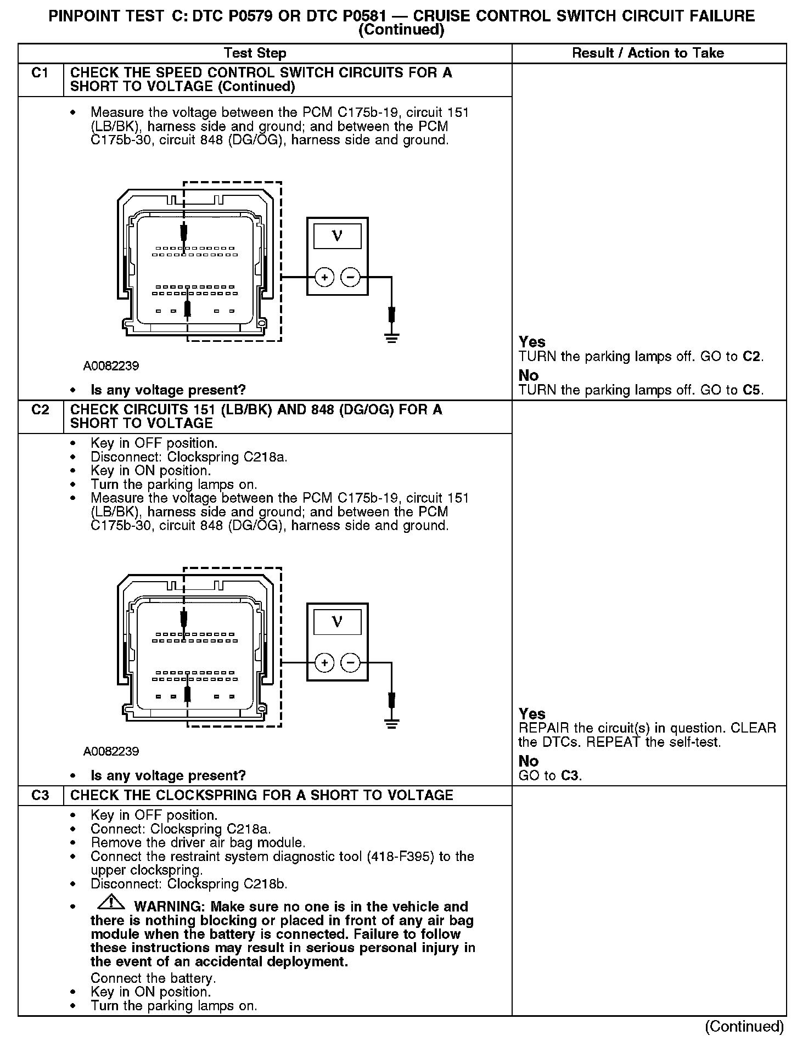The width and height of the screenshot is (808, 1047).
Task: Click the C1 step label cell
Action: tap(40, 73)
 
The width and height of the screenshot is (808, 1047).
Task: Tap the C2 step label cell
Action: tap(40, 410)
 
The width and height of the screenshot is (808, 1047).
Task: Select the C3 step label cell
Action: tap(40, 796)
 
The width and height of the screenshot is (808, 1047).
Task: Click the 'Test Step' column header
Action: tap(255, 53)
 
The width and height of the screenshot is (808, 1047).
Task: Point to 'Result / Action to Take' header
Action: tap(648, 53)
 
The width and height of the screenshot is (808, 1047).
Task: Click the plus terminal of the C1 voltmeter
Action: tap(325, 278)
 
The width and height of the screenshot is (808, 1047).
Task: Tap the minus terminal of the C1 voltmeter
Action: tap(351, 278)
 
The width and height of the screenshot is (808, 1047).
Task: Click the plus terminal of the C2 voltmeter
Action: tap(325, 663)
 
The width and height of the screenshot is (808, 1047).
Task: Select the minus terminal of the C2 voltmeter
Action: tap(351, 663)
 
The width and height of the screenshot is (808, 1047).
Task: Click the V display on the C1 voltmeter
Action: tap(337, 237)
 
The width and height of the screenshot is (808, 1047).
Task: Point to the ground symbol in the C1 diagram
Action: tap(391, 337)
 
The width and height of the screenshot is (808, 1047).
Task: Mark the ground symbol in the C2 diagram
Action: tap(391, 723)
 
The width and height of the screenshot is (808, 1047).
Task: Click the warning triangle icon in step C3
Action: tap(111, 902)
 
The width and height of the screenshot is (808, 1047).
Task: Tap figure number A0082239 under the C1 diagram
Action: tap(111, 366)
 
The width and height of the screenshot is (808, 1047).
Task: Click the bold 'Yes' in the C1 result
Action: tap(532, 342)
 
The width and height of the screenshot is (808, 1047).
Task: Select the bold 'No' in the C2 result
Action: tap(528, 761)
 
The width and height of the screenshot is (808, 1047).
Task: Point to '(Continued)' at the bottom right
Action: tap(744, 1027)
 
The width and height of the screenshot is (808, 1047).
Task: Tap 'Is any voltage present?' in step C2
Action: tap(168, 776)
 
